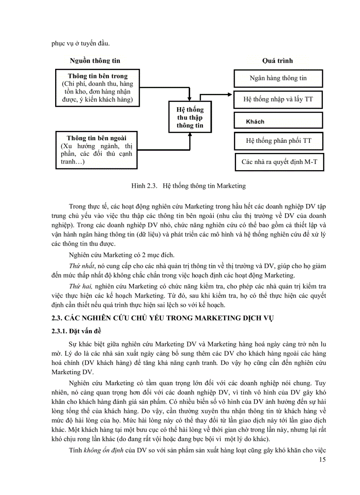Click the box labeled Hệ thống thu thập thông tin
190,117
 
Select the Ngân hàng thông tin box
278,78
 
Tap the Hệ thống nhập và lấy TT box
278,99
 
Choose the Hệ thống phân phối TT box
278,141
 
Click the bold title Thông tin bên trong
97,76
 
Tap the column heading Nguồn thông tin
95,60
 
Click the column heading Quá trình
277,60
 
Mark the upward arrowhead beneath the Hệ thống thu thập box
190,134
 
